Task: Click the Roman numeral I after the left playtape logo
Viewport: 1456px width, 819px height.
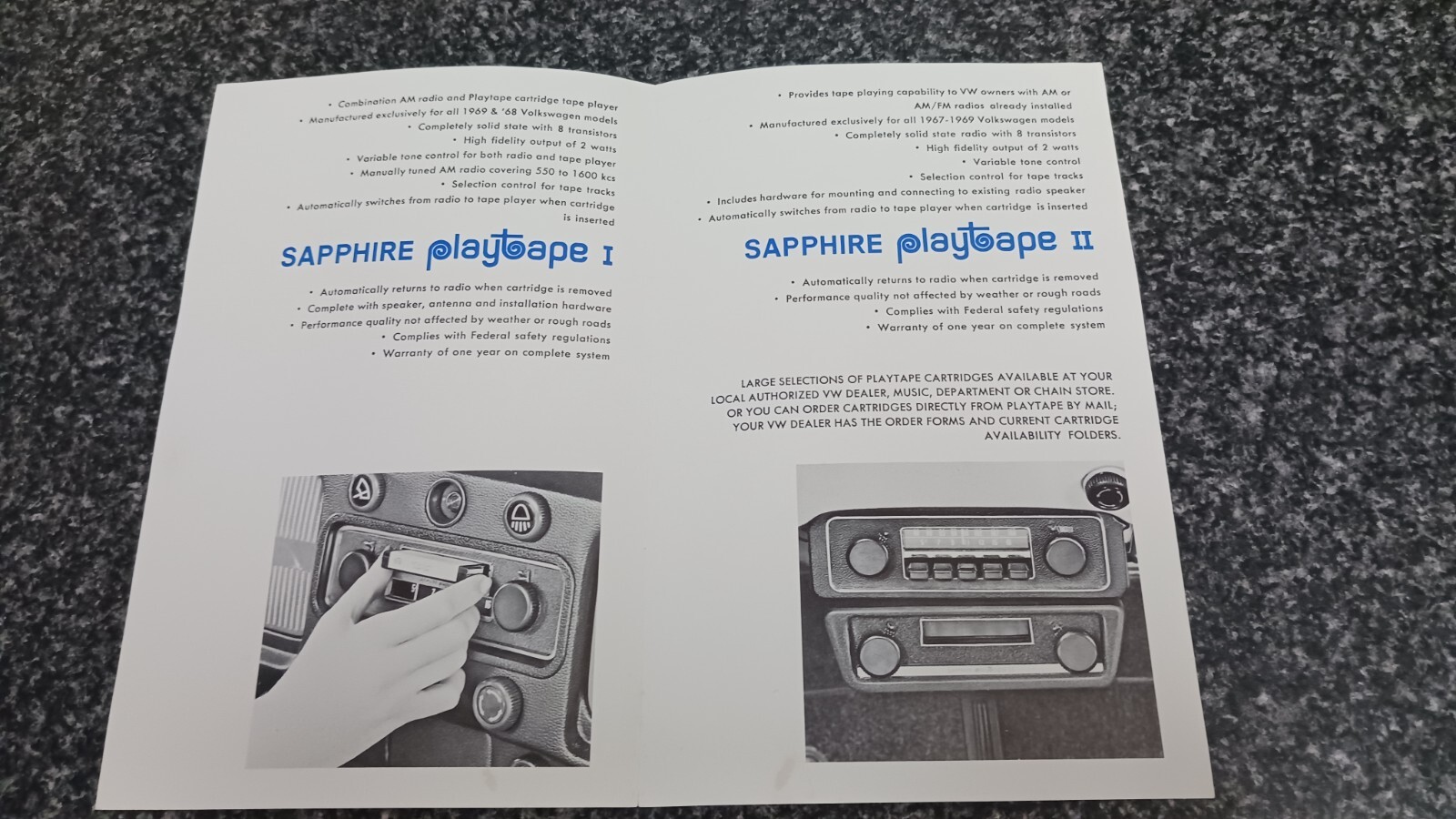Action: tap(608, 256)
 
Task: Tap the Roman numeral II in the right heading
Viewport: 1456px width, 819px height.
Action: tap(1082, 241)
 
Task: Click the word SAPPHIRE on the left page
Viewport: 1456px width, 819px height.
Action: tap(347, 254)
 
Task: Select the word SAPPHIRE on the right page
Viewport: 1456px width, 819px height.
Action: tap(814, 247)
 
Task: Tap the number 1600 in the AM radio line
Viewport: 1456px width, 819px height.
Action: tap(585, 174)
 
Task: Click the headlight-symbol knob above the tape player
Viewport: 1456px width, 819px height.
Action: tap(527, 516)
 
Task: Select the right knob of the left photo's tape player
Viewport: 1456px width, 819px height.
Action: tap(515, 606)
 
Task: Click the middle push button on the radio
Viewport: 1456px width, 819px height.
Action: tap(966, 570)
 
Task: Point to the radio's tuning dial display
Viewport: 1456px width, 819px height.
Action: tap(965, 541)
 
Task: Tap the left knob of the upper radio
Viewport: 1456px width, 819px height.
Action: tap(867, 557)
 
